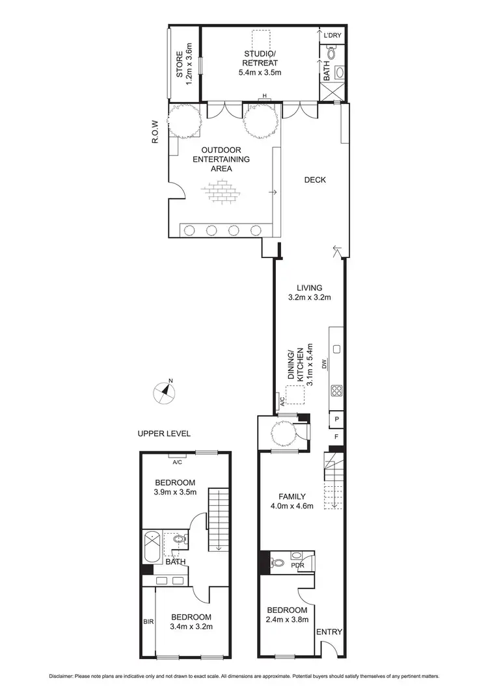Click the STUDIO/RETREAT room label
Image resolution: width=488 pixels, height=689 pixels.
click(259, 62)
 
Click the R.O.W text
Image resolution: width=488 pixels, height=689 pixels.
click(156, 131)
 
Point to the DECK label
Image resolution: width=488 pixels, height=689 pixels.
click(315, 180)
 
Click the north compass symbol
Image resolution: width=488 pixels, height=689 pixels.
click(164, 391)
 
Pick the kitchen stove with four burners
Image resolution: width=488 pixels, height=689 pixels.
click(338, 391)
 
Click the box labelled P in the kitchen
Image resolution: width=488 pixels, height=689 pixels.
click(337, 419)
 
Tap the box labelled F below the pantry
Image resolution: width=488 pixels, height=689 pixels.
click(337, 436)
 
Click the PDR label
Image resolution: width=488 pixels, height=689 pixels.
click(298, 565)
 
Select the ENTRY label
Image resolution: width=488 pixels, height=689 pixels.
click(329, 631)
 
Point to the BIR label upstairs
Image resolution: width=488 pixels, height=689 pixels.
click(148, 621)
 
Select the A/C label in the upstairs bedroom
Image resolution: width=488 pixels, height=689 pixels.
click(176, 462)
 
